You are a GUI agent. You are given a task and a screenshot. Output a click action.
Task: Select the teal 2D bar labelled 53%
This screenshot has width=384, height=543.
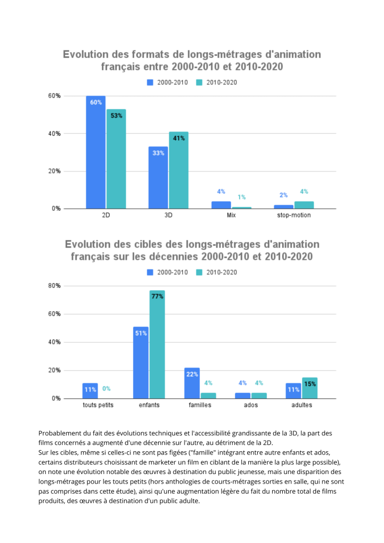tap(116, 159)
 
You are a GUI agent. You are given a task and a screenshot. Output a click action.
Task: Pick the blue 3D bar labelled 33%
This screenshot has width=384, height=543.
tap(158, 178)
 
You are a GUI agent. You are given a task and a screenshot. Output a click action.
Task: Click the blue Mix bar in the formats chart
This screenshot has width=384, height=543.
tap(221, 205)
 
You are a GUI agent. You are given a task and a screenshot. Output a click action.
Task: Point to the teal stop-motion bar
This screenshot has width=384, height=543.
tap(304, 205)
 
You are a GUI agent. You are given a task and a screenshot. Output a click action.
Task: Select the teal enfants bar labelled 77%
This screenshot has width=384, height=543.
tap(157, 344)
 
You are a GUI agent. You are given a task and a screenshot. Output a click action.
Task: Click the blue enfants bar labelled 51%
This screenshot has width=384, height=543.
tap(141, 363)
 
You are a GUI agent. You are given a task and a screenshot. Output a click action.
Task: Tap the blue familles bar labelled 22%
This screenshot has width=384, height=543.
tap(192, 383)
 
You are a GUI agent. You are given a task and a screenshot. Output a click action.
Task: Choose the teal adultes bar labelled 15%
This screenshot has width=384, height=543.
tap(310, 388)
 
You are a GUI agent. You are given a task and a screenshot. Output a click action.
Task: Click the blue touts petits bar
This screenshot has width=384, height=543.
tap(90, 390)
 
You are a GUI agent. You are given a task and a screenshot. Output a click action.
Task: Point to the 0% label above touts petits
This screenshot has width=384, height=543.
tap(106, 389)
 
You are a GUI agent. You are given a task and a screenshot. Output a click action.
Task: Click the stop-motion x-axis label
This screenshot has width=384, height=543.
tap(294, 216)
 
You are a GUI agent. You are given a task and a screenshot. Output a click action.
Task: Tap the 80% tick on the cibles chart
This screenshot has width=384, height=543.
tap(54, 286)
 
